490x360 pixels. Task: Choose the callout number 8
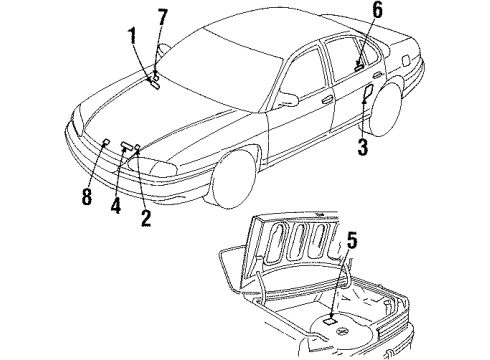pos(86,196)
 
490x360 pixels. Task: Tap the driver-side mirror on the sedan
pos(287,98)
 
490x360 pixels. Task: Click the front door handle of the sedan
pos(328,99)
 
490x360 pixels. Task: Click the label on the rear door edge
pos(367,95)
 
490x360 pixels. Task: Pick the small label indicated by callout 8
pos(104,142)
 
